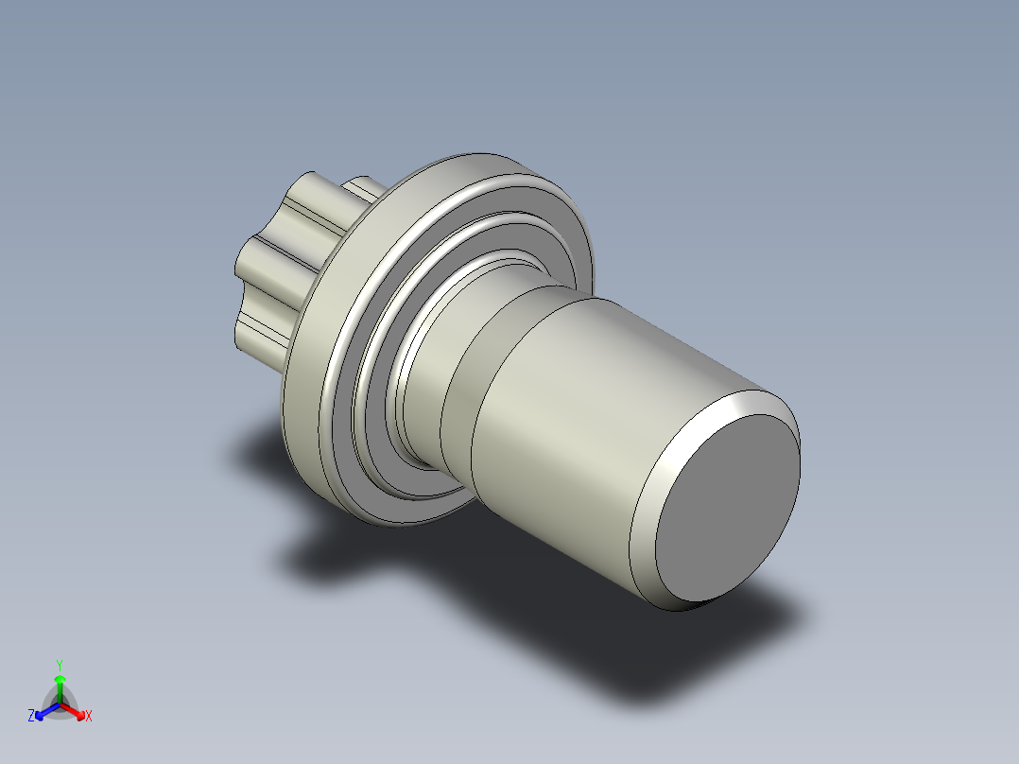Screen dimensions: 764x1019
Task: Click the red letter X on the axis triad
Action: click(88, 717)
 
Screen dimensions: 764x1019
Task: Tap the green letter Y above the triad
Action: click(59, 664)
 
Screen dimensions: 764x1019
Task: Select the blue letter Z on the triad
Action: click(31, 717)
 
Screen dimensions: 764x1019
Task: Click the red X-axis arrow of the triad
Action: click(75, 709)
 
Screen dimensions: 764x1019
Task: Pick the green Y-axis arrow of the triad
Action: click(60, 684)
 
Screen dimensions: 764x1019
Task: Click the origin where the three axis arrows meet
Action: click(60, 702)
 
